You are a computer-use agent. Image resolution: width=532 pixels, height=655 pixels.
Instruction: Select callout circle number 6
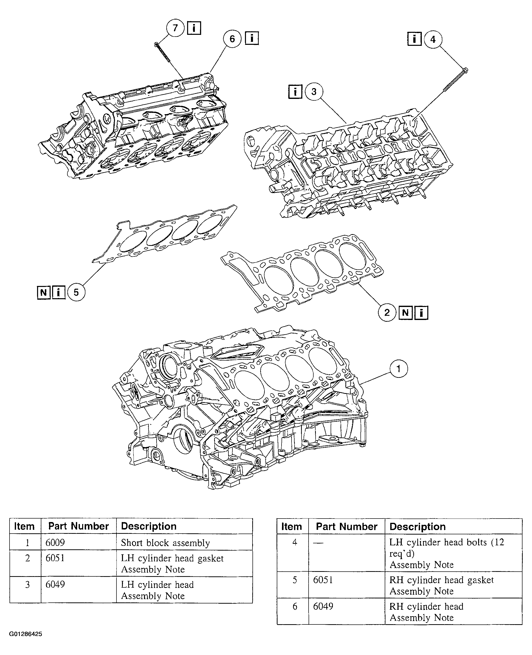(x=232, y=39)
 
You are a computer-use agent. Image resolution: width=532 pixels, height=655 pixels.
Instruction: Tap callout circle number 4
(x=433, y=39)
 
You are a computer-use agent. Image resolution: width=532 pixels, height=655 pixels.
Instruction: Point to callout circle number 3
(x=314, y=91)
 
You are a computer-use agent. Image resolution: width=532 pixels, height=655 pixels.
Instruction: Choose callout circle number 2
(x=387, y=312)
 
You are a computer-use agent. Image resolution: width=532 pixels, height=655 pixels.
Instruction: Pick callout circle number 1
(x=398, y=369)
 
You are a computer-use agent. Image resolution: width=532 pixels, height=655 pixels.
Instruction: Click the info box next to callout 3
(x=295, y=92)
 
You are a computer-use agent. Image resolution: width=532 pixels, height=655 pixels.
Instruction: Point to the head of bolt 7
(x=156, y=45)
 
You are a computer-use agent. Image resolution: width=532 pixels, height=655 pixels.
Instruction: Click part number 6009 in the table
(x=55, y=543)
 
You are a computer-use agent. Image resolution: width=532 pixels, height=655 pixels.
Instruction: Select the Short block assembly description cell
(x=165, y=543)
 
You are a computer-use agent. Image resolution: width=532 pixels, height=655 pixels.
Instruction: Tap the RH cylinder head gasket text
(x=441, y=580)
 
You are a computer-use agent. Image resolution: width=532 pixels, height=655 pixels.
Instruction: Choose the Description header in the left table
(x=149, y=526)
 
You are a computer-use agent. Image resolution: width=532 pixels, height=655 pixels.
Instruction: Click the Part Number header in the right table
(x=346, y=526)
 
